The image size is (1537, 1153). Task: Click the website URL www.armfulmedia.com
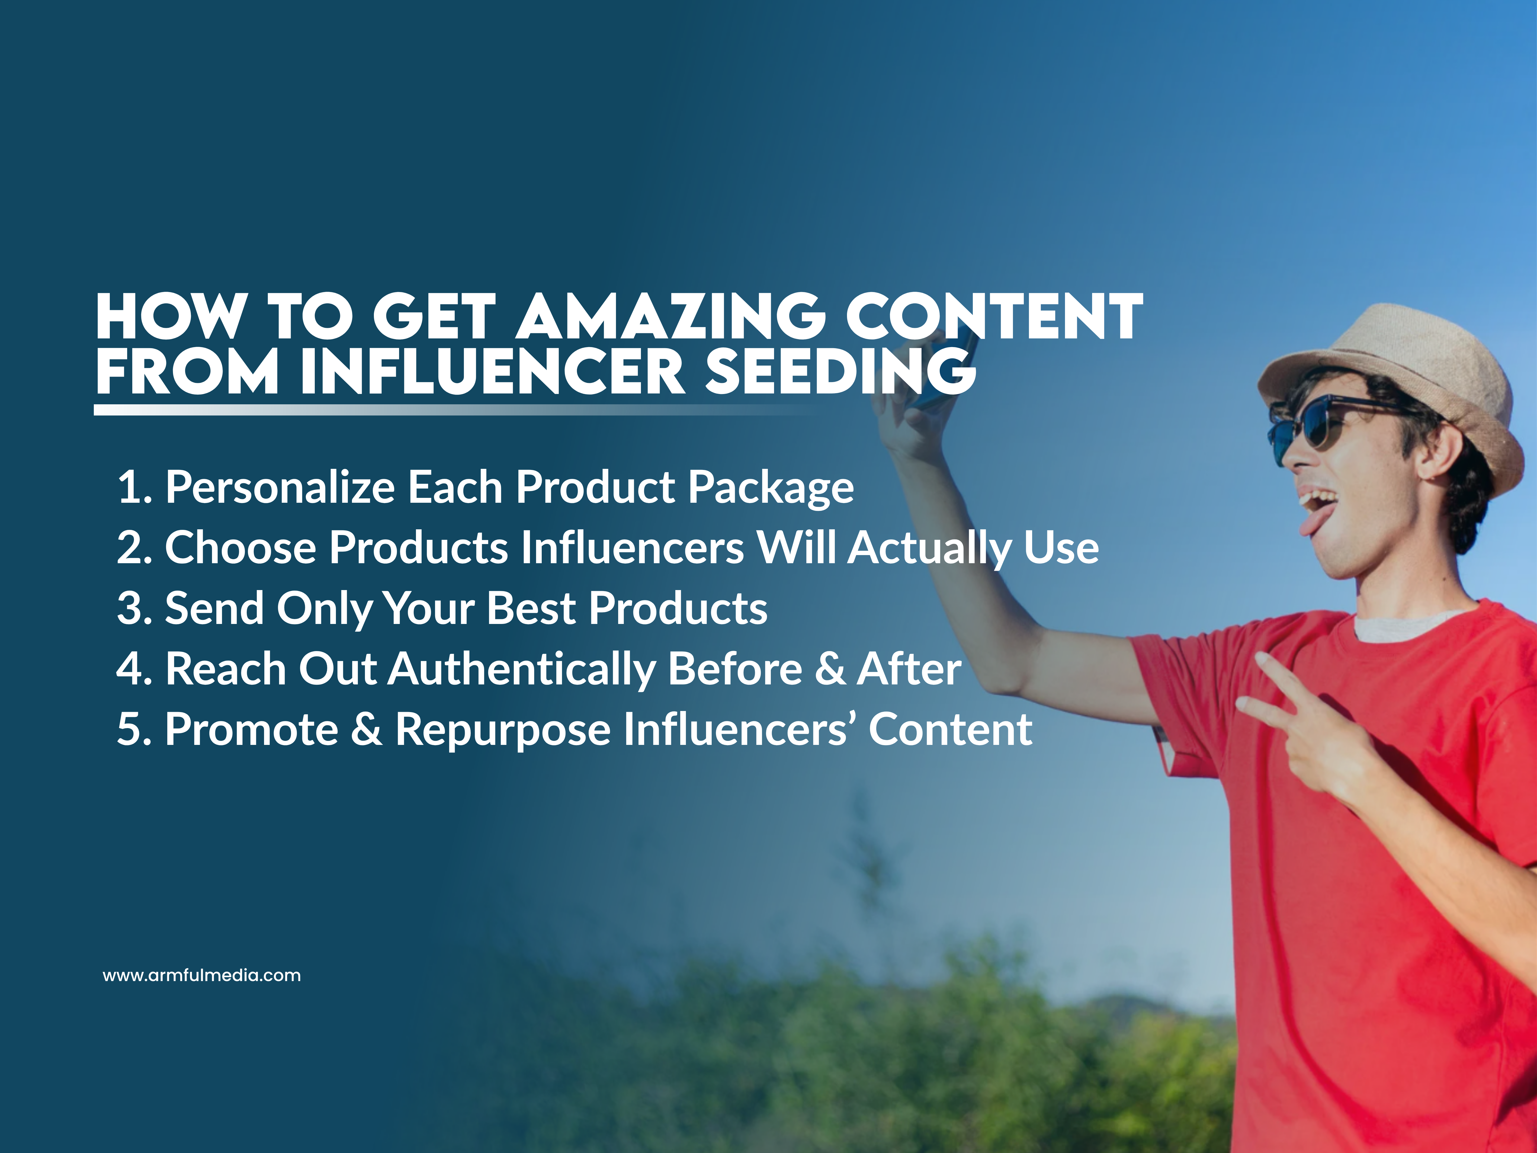point(201,975)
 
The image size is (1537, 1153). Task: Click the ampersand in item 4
point(830,669)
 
